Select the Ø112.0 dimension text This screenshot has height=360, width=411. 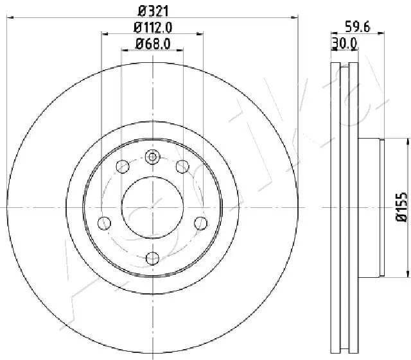pyautogui.click(x=152, y=26)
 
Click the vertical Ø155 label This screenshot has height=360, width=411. pyautogui.click(x=401, y=207)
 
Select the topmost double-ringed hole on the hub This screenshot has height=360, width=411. pyautogui.click(x=152, y=156)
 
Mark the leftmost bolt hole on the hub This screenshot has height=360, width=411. pyautogui.click(x=103, y=223)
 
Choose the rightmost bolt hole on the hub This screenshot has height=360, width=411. pyautogui.click(x=201, y=223)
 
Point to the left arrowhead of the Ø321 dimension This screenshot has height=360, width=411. pyautogui.click(x=9, y=17)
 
